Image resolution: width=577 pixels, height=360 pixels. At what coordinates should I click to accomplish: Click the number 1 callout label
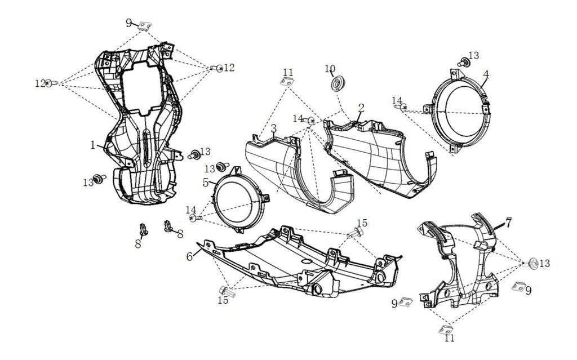92,145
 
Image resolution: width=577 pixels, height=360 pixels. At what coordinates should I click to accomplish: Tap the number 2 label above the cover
361,108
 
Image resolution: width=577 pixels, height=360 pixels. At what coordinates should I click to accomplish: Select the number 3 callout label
273,128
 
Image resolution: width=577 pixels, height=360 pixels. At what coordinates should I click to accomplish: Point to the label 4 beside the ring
486,74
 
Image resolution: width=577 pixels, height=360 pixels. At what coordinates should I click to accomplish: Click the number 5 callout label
206,182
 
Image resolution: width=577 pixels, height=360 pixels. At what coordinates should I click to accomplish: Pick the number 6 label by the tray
190,256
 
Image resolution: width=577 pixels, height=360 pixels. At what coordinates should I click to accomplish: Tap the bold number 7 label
509,223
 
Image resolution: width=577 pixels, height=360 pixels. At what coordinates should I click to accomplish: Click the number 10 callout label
330,69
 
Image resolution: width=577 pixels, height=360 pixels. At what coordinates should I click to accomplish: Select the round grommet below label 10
337,84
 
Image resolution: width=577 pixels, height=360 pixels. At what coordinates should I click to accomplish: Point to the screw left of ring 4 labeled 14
404,106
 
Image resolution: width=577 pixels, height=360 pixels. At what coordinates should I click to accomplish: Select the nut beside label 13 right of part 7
532,263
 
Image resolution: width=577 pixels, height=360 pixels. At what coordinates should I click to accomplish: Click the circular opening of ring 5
238,199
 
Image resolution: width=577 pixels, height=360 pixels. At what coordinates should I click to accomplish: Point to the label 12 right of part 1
229,68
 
